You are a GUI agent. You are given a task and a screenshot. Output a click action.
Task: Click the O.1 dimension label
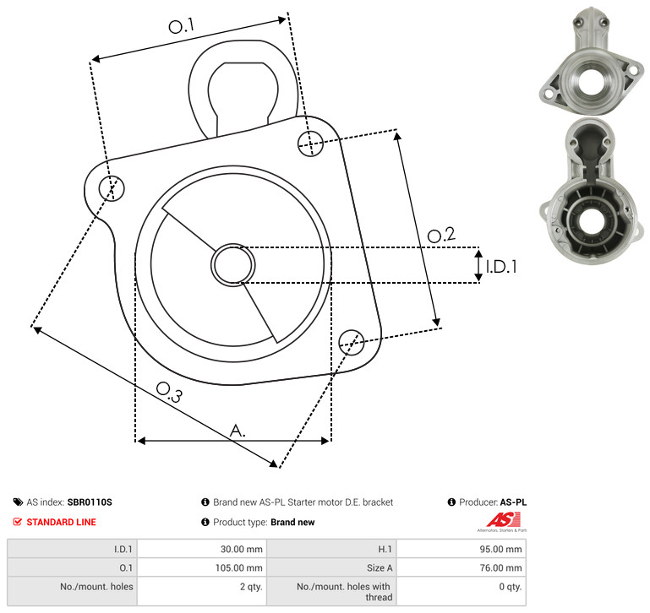pyautogui.click(x=182, y=25)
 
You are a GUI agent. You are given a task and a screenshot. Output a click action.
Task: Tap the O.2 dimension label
pyautogui.click(x=441, y=235)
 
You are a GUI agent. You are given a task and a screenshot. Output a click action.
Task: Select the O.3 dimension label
pyautogui.click(x=169, y=392)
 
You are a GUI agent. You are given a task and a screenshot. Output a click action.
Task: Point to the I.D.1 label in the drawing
pyautogui.click(x=501, y=267)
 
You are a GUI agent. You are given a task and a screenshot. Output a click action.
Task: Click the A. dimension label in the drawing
pyautogui.click(x=238, y=431)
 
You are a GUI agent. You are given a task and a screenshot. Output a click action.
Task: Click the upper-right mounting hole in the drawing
pyautogui.click(x=310, y=144)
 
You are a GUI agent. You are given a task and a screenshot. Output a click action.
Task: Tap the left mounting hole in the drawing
pyautogui.click(x=112, y=188)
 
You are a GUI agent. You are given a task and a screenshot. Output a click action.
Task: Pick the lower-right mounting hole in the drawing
pyautogui.click(x=352, y=342)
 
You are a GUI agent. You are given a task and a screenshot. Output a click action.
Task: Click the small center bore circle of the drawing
pyautogui.click(x=233, y=265)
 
